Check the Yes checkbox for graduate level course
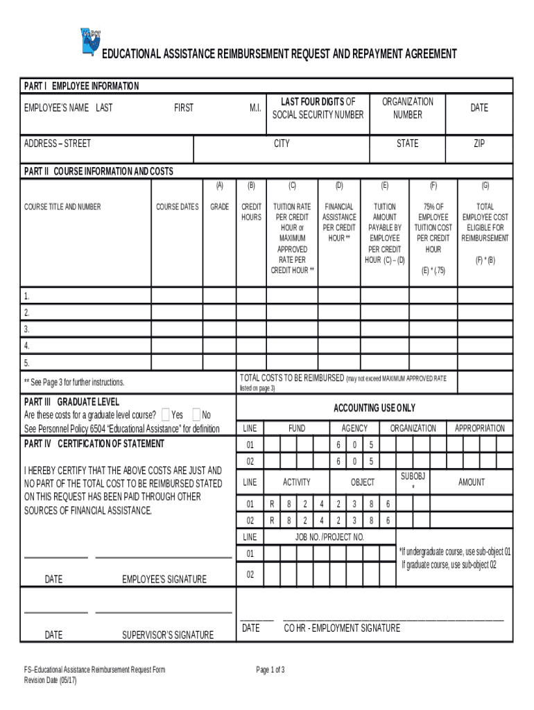pos(165,415)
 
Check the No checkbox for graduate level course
pos(196,415)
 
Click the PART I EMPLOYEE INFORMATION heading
pos(81,86)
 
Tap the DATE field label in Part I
pos(479,107)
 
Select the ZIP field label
pos(479,144)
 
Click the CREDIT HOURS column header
pos(251,211)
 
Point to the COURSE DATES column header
pos(177,207)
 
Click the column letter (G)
pos(485,186)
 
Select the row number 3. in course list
pos(27,329)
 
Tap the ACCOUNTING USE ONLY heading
pos(374,408)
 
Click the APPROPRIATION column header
pos(479,428)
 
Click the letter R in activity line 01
pos(272,503)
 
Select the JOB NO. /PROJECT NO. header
pos(329,537)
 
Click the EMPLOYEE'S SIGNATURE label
pos(164,579)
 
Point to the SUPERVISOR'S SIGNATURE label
pos(168,634)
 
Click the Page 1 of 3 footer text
pos(270,670)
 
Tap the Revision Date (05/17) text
pos(51,680)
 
